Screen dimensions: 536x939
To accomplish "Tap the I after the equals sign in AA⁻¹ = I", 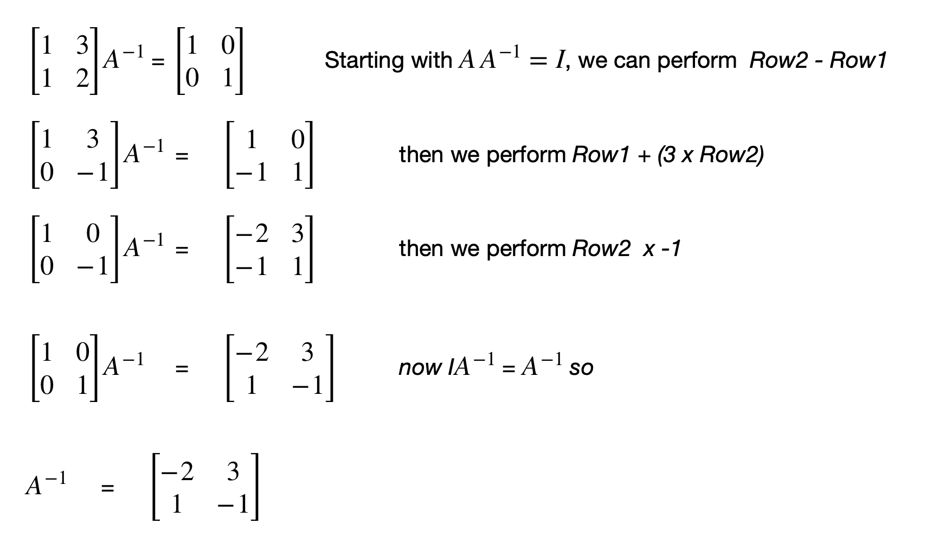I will (560, 60).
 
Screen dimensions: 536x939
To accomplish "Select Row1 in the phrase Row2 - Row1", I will (858, 60).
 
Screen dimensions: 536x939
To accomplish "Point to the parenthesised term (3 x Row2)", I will (711, 155).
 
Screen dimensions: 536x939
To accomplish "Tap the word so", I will (581, 368).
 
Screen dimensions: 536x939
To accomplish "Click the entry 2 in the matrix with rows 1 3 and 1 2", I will (82, 79).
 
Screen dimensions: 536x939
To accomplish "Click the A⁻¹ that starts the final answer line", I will (46, 484).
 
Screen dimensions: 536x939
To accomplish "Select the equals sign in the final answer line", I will (108, 489).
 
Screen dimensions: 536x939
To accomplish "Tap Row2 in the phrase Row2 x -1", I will (601, 249).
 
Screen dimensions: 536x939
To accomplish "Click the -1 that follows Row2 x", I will (671, 249).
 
